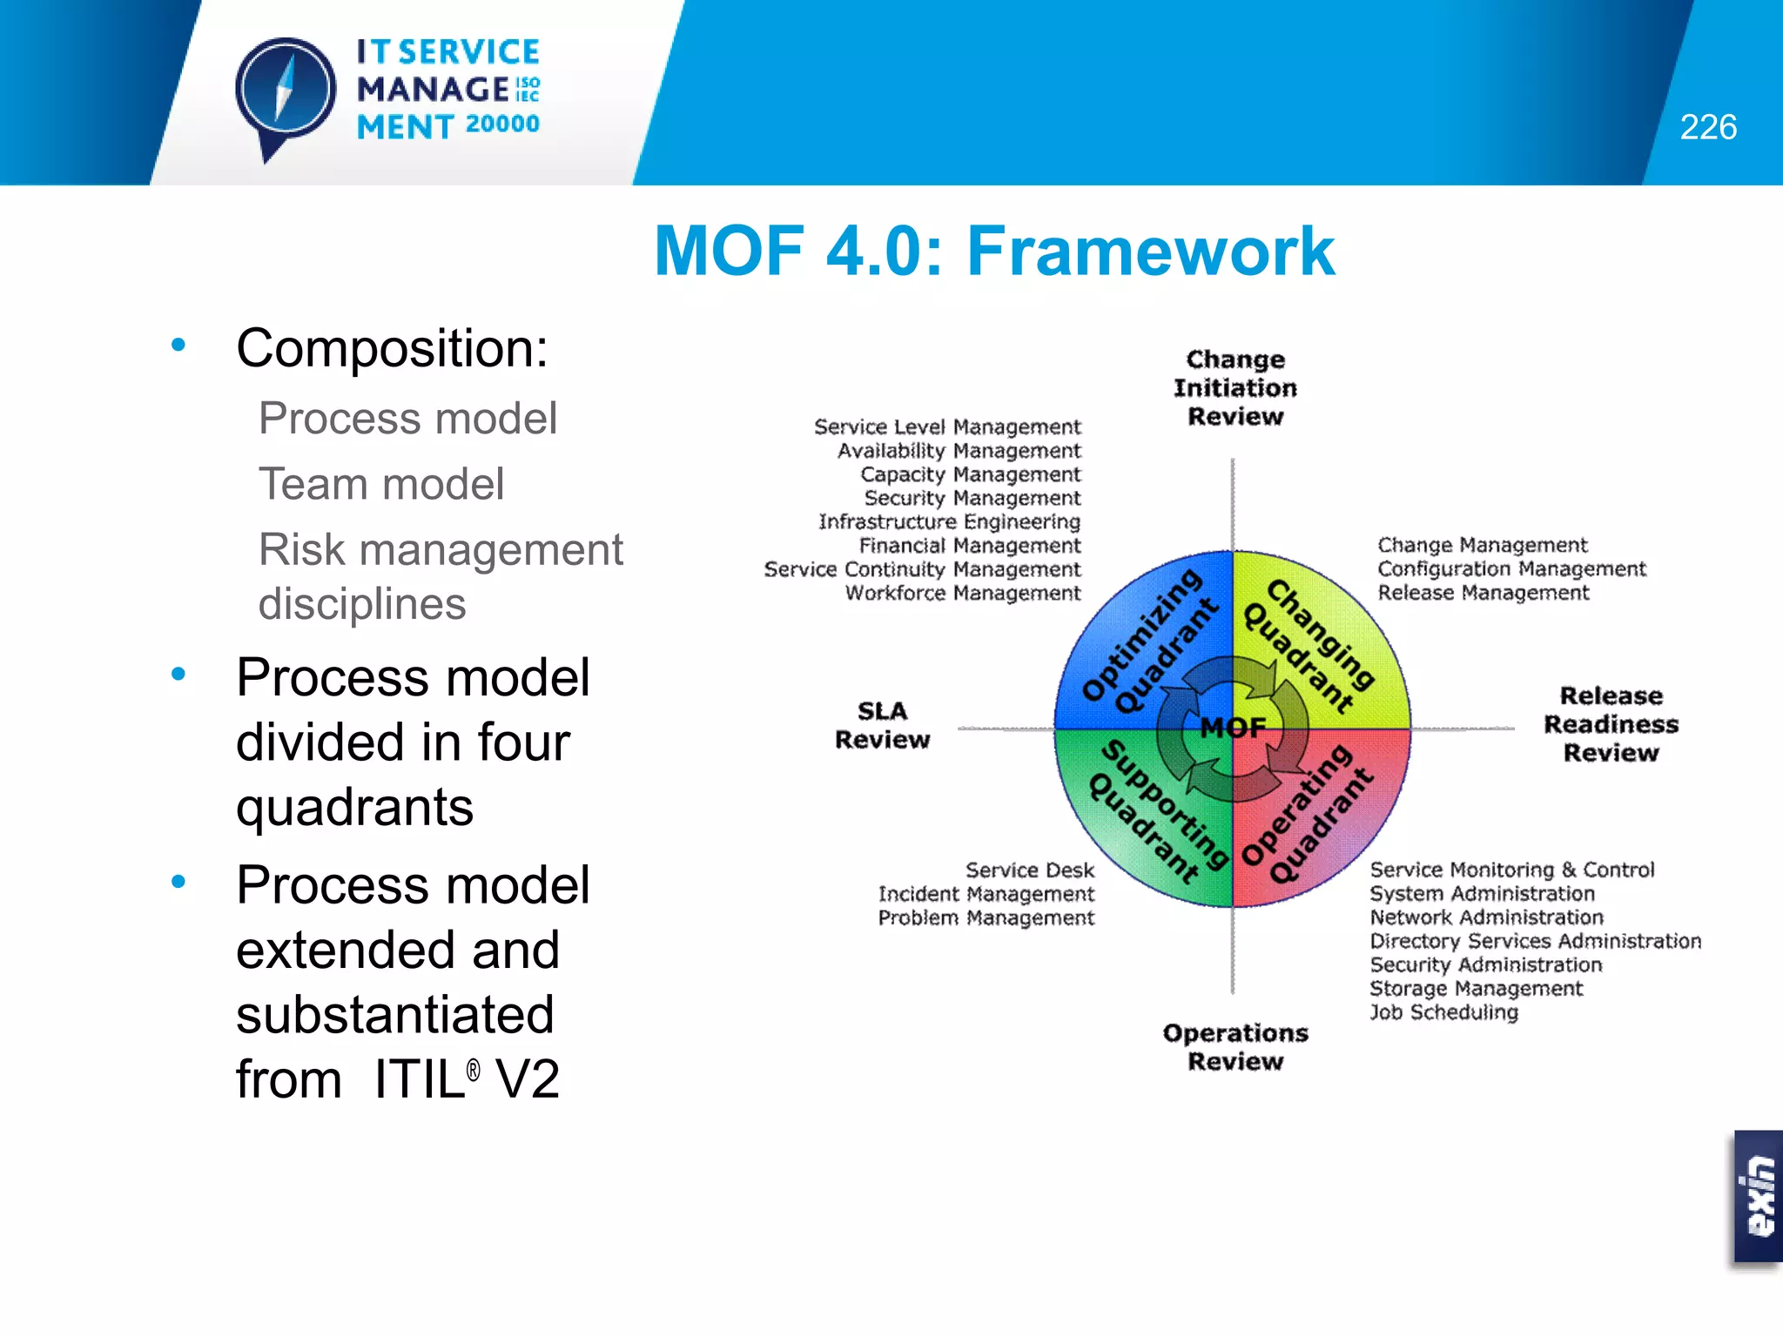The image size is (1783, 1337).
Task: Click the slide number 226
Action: [1707, 127]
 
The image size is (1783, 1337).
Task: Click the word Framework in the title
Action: [1150, 252]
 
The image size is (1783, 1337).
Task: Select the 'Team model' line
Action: [381, 484]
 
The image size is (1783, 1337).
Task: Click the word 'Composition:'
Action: [392, 348]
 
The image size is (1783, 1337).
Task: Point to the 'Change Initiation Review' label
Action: [1235, 387]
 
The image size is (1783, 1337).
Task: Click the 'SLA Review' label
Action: [882, 725]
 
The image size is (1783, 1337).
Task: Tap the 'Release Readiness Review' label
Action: [1610, 724]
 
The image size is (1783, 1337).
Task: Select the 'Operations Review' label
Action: [1235, 1047]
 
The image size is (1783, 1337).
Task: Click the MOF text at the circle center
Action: [1233, 727]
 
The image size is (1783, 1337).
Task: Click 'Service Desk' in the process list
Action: [1029, 870]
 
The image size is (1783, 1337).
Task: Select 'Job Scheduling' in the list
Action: [1443, 1012]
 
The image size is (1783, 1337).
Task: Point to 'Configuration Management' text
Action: [1511, 568]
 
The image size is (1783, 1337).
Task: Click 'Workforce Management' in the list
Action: [962, 593]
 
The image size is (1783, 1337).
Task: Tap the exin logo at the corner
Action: [1759, 1196]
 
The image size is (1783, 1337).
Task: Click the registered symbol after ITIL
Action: [473, 1070]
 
